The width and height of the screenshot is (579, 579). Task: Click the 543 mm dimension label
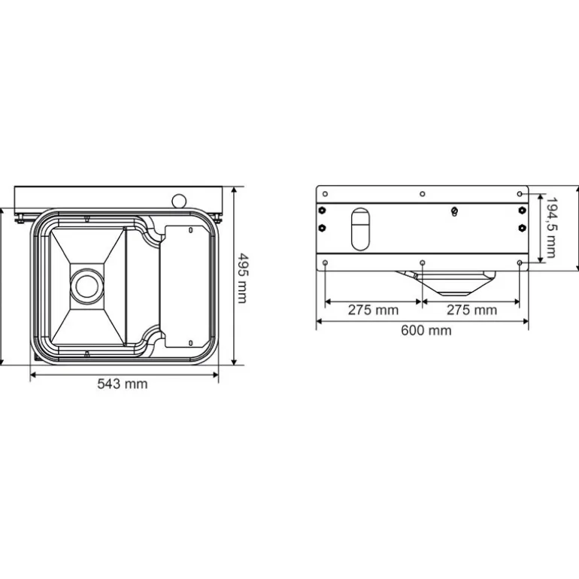point(123,384)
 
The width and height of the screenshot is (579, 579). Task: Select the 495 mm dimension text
point(242,277)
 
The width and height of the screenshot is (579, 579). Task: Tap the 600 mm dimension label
point(426,330)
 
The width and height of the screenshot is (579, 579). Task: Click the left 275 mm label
point(373,310)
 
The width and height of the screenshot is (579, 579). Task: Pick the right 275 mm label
point(471,310)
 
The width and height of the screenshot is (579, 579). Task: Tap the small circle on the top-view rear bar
point(178,200)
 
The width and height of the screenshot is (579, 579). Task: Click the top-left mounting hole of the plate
point(324,194)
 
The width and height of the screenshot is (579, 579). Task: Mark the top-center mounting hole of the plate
point(422,194)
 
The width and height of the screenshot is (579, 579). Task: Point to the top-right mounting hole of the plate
point(520,194)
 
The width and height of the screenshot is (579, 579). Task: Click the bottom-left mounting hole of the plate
point(324,262)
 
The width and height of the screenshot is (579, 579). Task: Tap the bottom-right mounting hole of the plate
point(520,262)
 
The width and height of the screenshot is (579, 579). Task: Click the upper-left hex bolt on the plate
point(323,210)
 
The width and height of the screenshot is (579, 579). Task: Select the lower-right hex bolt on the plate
point(521,227)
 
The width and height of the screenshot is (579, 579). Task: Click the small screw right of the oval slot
point(453,211)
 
